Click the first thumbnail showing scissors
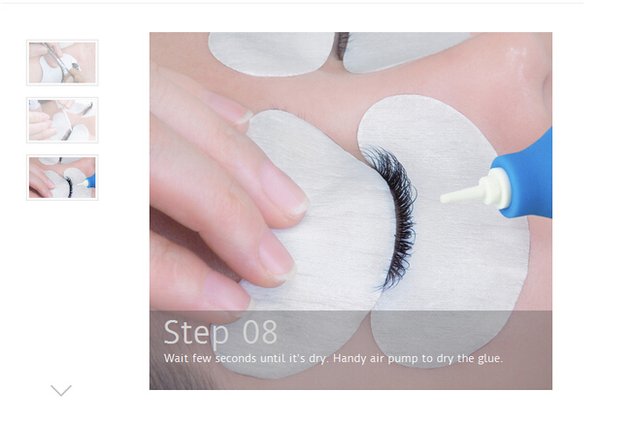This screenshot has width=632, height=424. [62, 63]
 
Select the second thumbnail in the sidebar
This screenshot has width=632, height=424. [62, 120]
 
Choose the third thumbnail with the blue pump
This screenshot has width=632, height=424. [62, 178]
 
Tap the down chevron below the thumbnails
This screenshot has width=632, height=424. [61, 390]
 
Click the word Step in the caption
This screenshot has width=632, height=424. [196, 334]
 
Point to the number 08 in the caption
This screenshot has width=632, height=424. [260, 332]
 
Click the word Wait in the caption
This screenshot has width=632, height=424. [176, 358]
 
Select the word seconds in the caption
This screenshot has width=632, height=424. [235, 358]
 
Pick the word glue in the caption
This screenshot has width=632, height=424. [490, 359]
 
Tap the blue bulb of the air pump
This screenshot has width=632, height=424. [524, 174]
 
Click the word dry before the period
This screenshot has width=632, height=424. [316, 359]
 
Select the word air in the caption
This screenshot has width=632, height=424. [377, 358]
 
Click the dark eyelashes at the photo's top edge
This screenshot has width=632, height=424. [342, 46]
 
